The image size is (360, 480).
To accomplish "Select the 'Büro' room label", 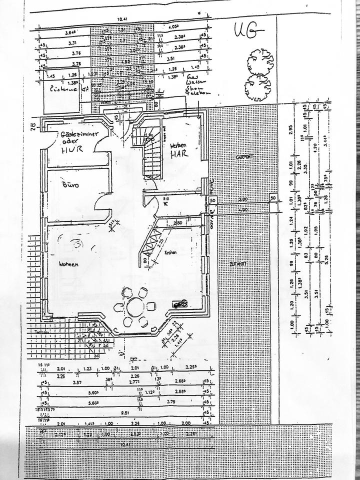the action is pyautogui.click(x=68, y=184).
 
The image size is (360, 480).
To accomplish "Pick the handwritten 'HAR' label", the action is pyautogui.click(x=178, y=154).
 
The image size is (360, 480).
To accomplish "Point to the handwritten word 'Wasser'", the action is pyautogui.click(x=191, y=80).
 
